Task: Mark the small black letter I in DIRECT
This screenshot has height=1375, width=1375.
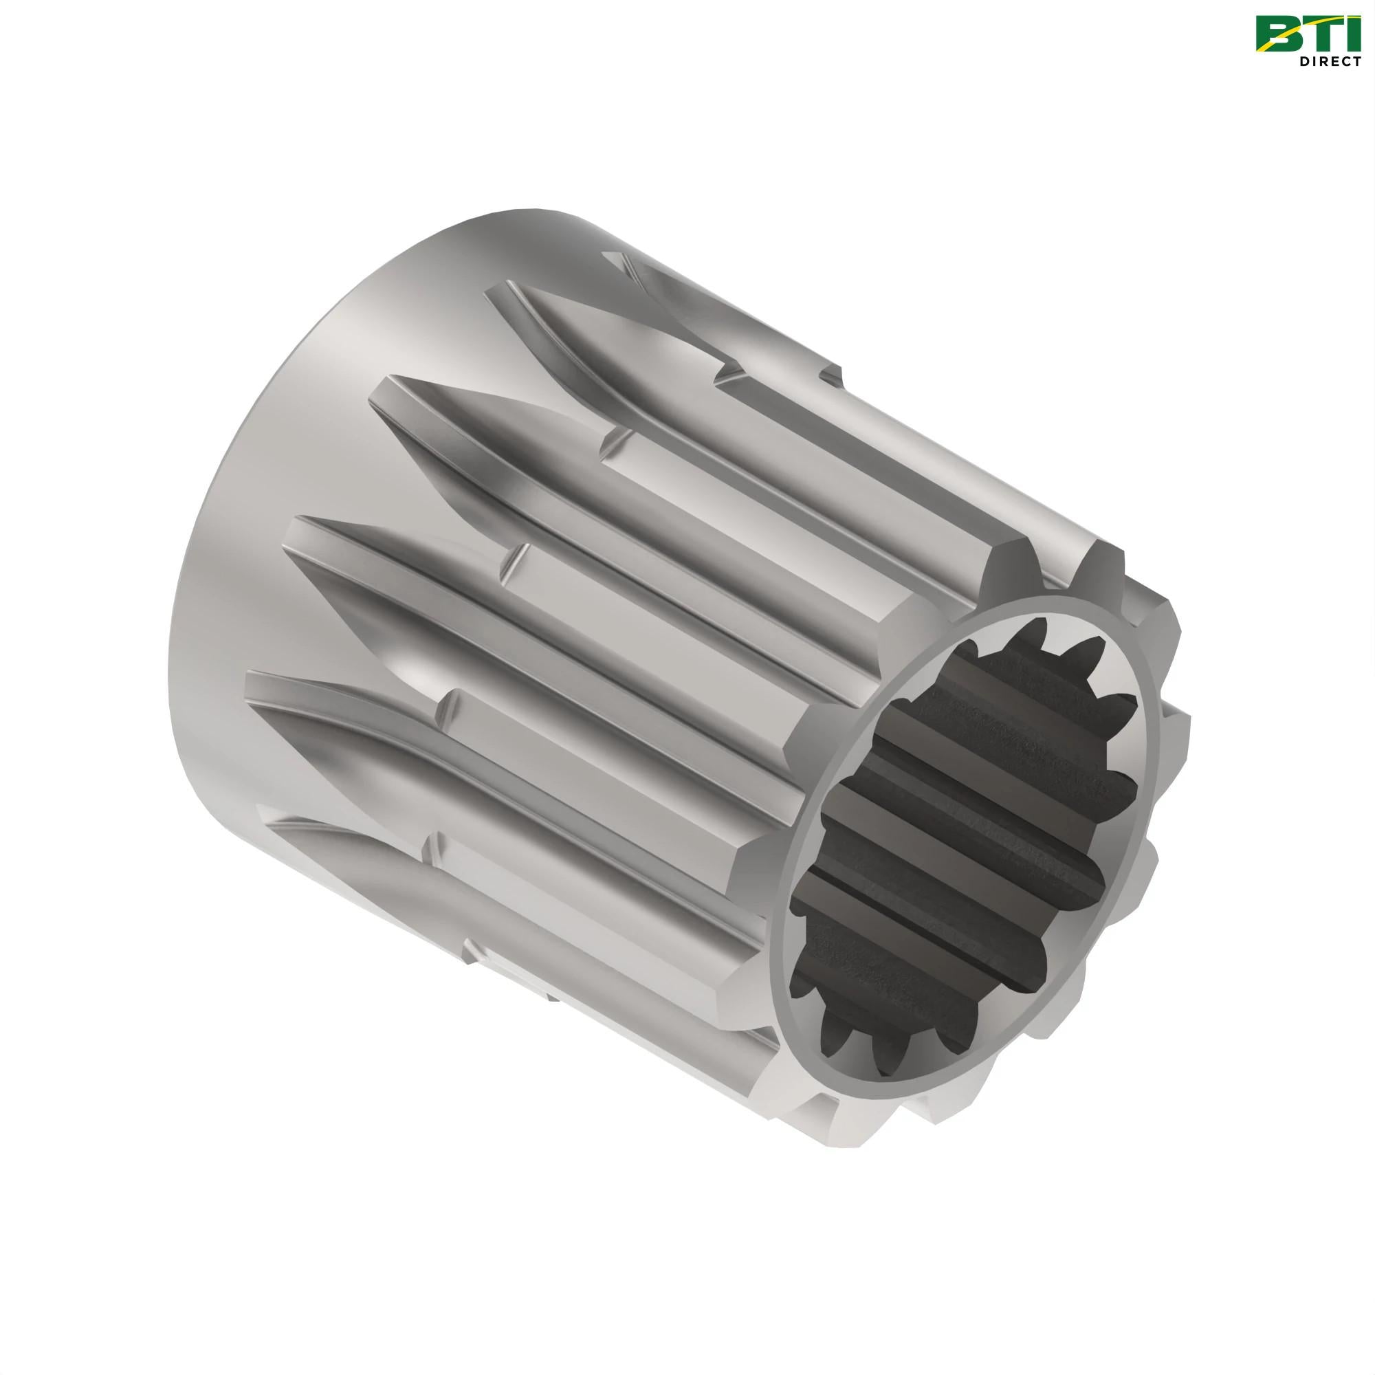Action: [1314, 61]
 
